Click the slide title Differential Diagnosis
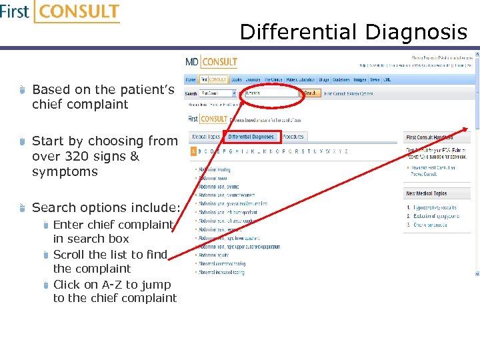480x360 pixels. coord(353,32)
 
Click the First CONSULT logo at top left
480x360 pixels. coord(60,13)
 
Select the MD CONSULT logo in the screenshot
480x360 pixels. coord(211,62)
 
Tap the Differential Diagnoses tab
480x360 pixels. coord(251,137)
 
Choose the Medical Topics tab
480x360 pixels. coord(206,137)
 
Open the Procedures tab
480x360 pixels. coord(293,137)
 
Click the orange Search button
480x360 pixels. coord(311,93)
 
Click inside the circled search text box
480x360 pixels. coord(270,93)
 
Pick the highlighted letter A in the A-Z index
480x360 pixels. coord(193,151)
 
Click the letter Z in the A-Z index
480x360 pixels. coord(346,151)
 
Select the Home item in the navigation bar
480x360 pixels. coord(191,79)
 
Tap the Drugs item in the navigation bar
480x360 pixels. coord(323,79)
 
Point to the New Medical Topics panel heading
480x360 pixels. coord(427,193)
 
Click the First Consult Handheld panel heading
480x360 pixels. coord(430,137)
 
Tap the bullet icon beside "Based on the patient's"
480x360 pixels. coord(22,89)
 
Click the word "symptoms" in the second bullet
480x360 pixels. coord(65,171)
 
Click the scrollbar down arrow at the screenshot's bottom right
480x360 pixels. coord(477,273)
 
